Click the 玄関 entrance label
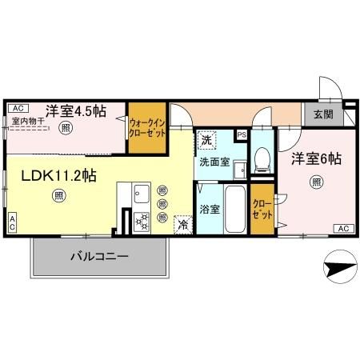tap(323, 114)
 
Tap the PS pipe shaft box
tap(242, 135)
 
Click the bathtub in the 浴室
tap(235, 210)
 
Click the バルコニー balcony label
tap(100, 257)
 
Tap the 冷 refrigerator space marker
tap(183, 225)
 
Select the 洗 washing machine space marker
tap(206, 140)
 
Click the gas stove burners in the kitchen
tap(142, 222)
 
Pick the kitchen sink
tap(142, 194)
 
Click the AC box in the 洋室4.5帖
tap(18, 108)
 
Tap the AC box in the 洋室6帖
tap(344, 229)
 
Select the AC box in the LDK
tap(12, 222)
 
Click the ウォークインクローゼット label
tap(147, 128)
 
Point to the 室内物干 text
tap(28, 122)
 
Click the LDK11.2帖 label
tap(59, 176)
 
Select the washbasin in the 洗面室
tap(240, 170)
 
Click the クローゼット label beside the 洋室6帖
tap(262, 210)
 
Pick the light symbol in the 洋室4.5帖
tap(66, 128)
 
